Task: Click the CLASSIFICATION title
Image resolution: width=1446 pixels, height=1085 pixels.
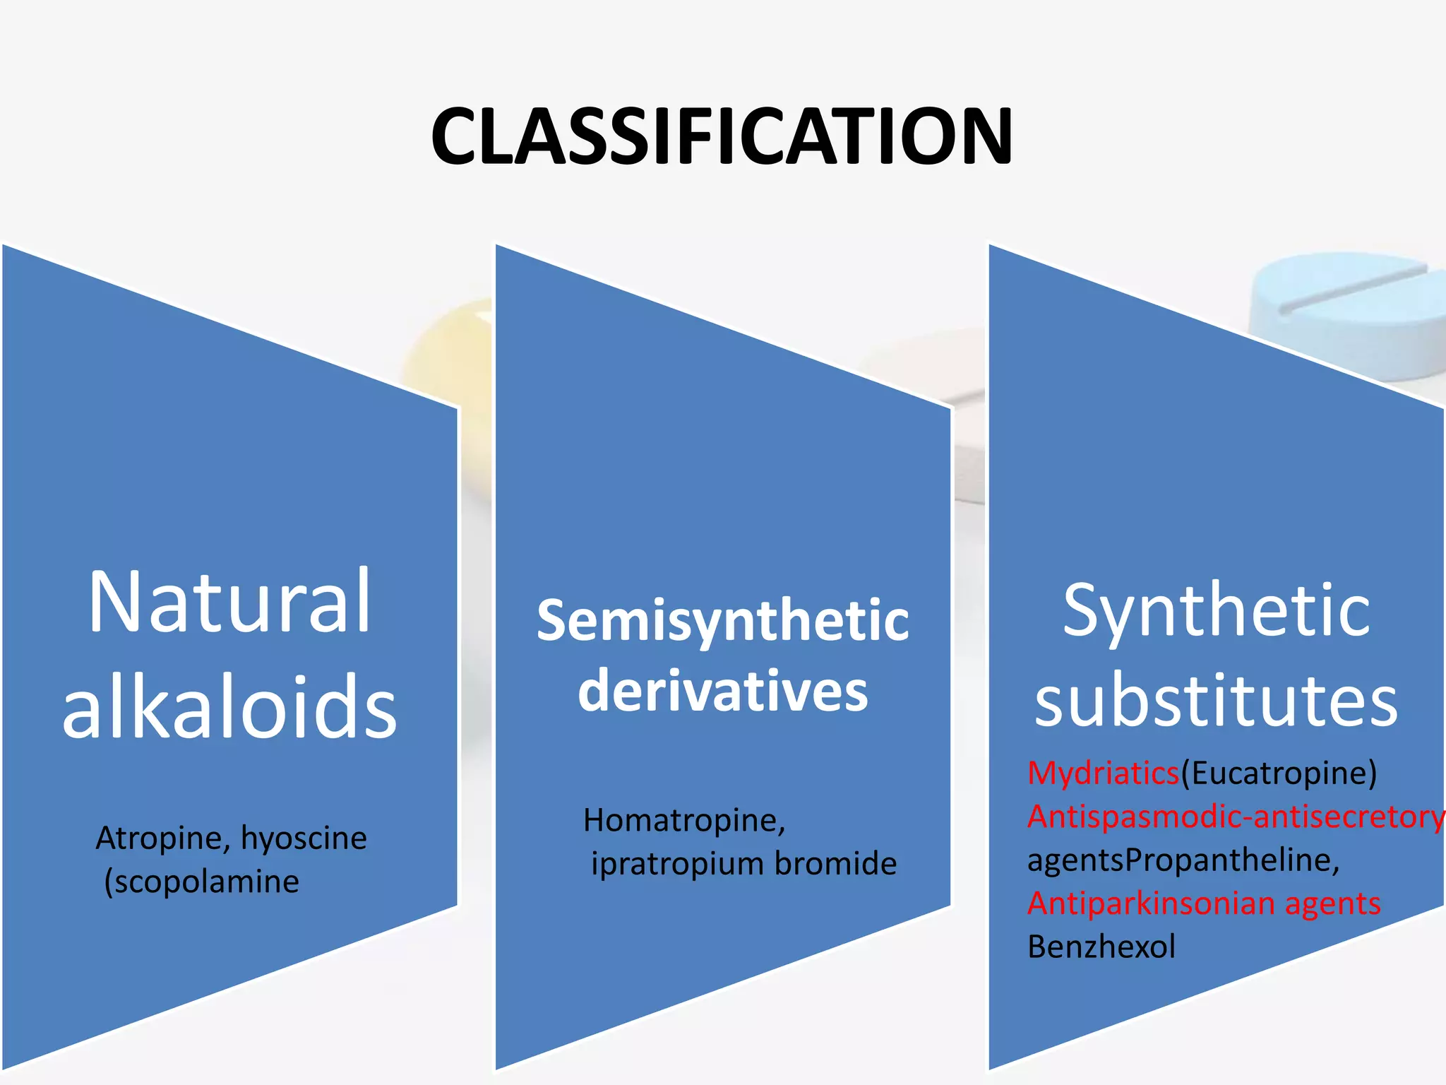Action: [x=722, y=136]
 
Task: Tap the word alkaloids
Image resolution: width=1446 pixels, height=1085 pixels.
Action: [x=229, y=707]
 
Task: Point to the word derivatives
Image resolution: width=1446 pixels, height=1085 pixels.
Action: [x=722, y=691]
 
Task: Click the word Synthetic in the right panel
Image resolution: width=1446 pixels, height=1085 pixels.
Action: [x=1216, y=611]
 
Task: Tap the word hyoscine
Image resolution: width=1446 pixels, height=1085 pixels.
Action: [x=304, y=838]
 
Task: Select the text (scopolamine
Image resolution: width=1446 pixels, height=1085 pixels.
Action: [x=202, y=882]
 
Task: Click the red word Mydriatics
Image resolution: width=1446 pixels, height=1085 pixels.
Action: [x=1103, y=773]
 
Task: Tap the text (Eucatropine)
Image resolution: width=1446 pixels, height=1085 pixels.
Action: [x=1279, y=773]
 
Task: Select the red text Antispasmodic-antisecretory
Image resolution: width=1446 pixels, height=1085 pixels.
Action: [x=1236, y=817]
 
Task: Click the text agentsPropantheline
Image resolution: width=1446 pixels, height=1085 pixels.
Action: [x=1183, y=860]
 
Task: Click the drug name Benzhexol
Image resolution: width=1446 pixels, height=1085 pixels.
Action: [x=1101, y=947]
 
